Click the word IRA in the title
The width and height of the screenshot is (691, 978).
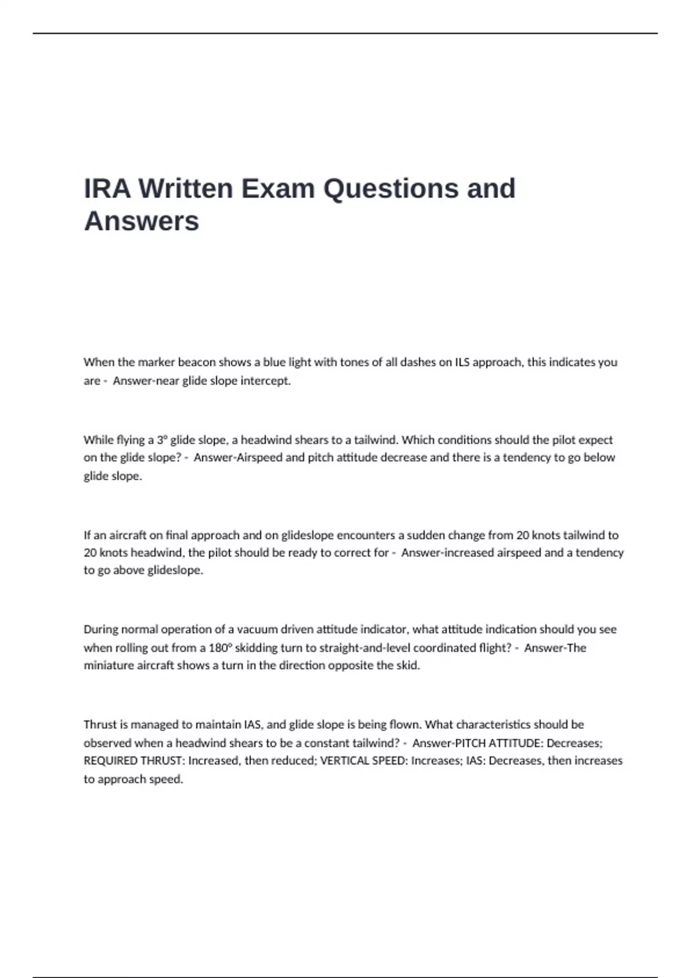pyautogui.click(x=107, y=189)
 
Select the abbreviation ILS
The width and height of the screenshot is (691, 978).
pyautogui.click(x=462, y=362)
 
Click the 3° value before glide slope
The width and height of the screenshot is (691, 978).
pyautogui.click(x=161, y=440)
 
